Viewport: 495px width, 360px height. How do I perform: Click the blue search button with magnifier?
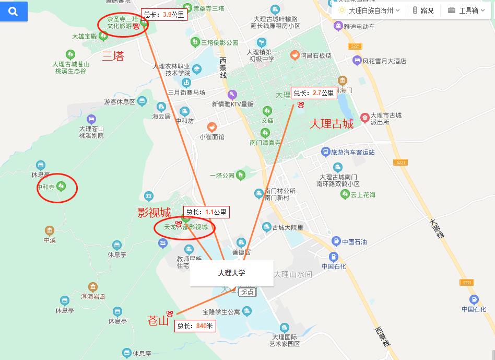14,11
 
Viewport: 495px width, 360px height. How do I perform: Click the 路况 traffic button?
423,10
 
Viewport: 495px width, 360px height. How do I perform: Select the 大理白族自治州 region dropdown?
369,10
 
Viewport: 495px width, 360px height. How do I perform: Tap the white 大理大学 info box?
231,273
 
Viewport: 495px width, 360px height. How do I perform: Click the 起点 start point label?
247,292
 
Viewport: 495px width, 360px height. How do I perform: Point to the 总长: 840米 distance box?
195,326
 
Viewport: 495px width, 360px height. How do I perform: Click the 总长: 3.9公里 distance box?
163,15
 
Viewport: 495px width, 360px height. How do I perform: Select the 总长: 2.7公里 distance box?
313,93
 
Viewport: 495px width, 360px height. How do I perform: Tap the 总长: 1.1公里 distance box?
206,212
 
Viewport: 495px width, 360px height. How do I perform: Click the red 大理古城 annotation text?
332,124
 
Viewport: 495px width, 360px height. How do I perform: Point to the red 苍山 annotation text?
158,320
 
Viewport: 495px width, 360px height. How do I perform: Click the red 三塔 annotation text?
113,56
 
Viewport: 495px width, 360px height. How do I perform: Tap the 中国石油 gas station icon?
336,241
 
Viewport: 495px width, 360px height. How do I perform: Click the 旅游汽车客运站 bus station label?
353,152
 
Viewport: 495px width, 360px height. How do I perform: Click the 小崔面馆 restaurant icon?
211,127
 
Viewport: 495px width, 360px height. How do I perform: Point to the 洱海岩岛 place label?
93,296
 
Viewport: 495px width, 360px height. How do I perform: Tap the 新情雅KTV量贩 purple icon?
232,95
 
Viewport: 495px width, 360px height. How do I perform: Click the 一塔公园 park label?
222,175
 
